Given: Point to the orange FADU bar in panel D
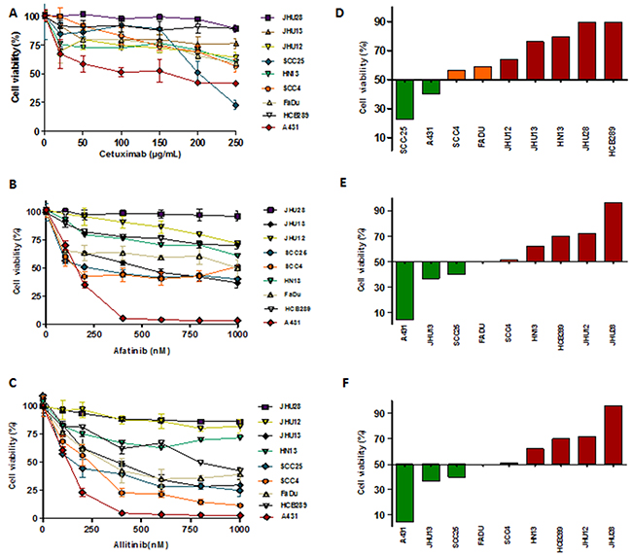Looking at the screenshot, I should point(483,73).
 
